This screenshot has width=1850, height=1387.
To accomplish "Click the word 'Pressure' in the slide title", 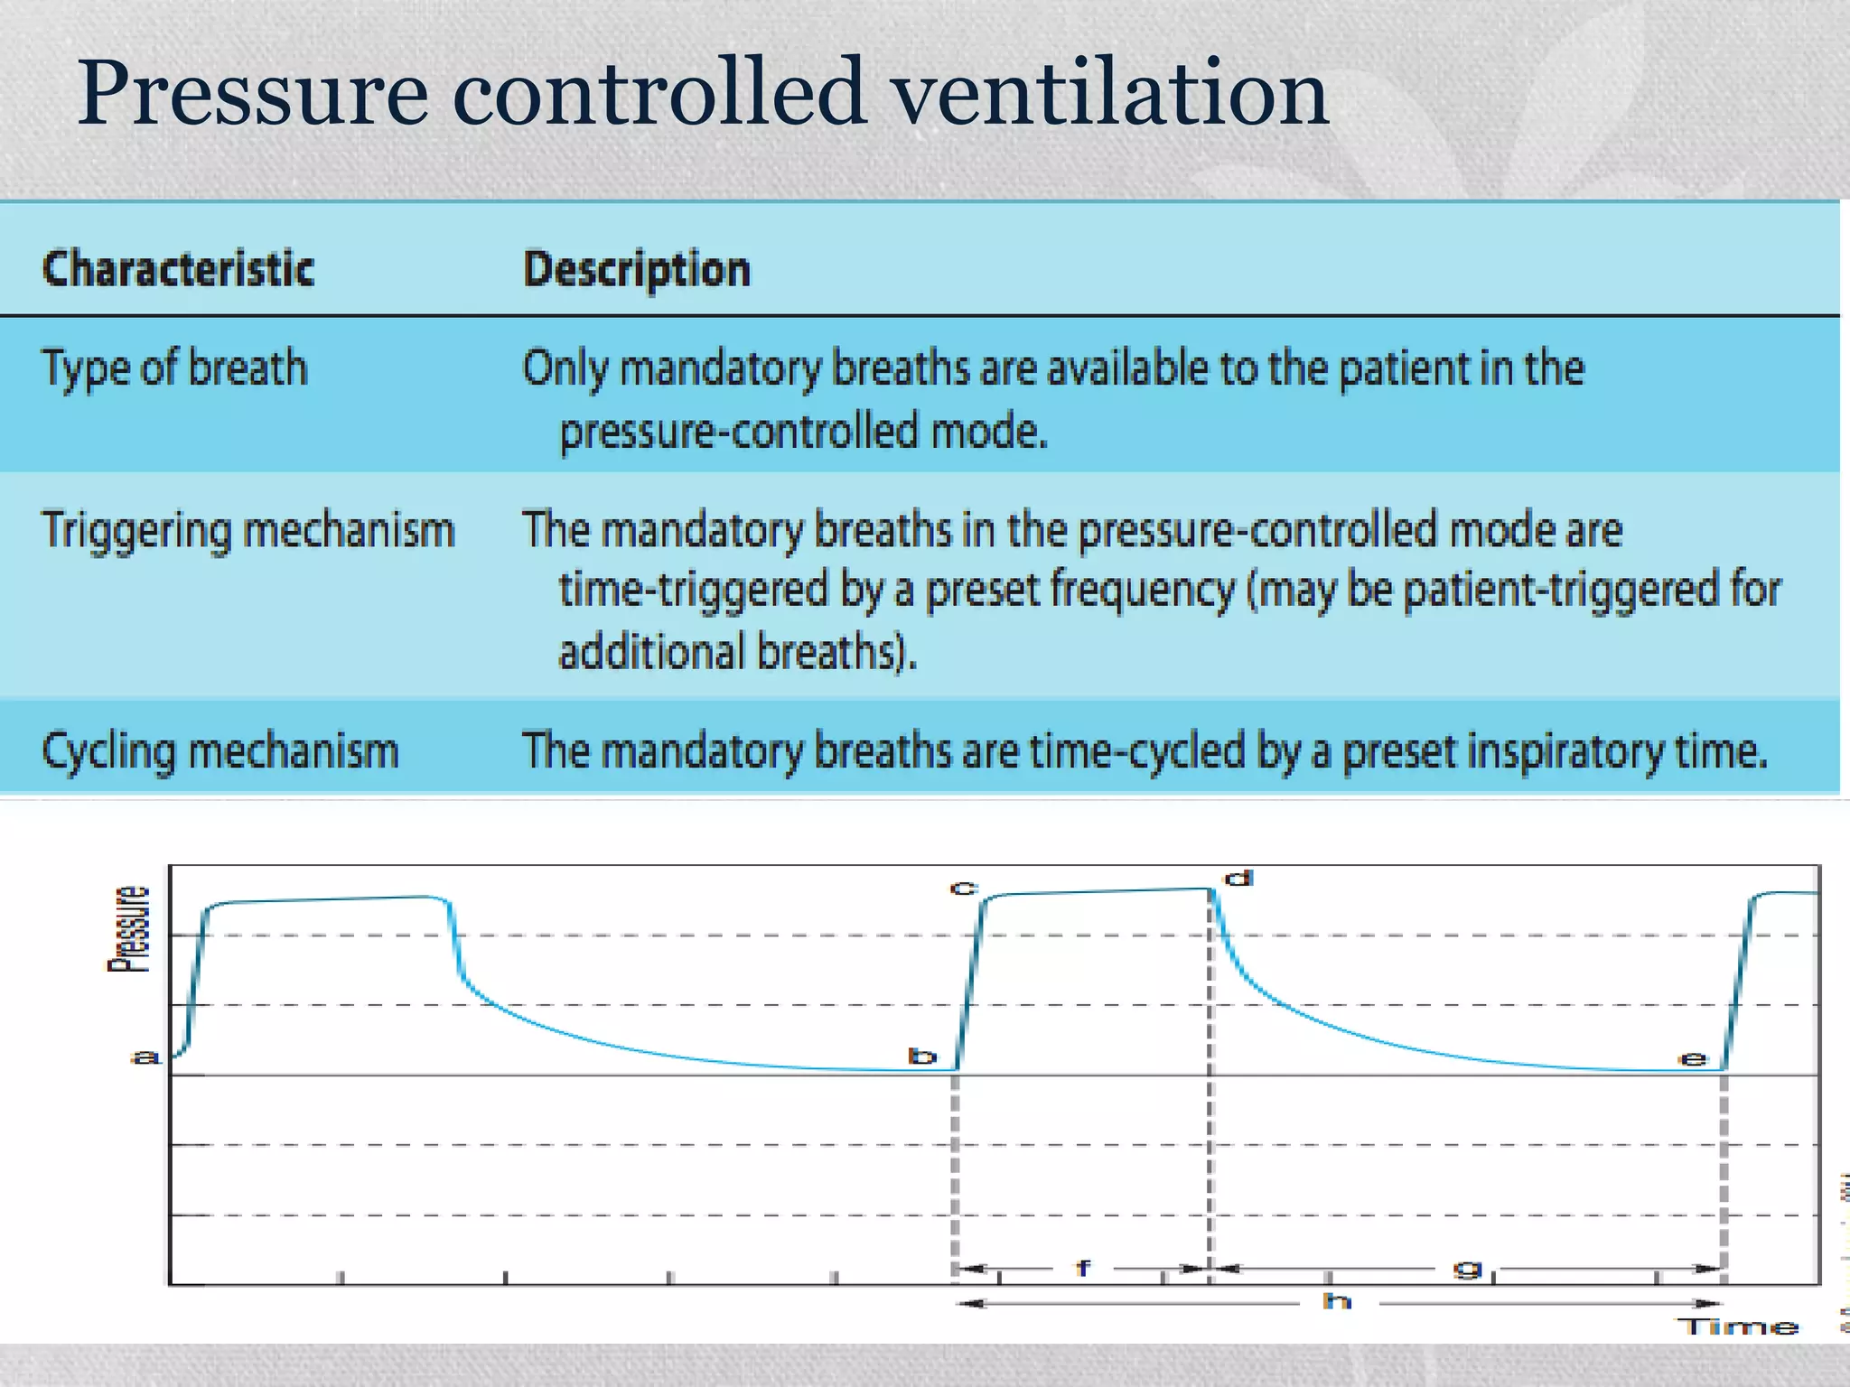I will tap(253, 93).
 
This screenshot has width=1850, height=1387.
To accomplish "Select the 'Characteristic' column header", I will tap(178, 269).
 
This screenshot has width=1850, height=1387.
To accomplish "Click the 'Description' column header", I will tap(637, 269).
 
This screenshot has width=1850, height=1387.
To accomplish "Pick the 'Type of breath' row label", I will tap(174, 368).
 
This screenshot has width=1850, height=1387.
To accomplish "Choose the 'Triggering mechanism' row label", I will tap(248, 530).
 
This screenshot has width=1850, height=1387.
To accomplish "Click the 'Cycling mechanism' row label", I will tap(220, 751).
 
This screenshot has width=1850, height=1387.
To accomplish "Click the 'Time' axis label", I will tap(1738, 1327).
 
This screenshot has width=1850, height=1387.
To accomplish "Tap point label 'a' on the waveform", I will tap(145, 1057).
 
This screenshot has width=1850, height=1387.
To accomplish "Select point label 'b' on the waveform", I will tap(922, 1057).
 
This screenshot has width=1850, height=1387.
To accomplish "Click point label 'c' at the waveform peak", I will tap(964, 889).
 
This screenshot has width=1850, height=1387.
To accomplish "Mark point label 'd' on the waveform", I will tap(1238, 879).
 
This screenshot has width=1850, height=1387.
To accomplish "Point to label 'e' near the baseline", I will tap(1692, 1059).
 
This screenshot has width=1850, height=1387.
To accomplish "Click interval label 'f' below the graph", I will tap(1083, 1269).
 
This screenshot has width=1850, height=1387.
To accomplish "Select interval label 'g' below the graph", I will tap(1467, 1270).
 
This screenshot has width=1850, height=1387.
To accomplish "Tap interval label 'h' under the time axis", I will tap(1337, 1301).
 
